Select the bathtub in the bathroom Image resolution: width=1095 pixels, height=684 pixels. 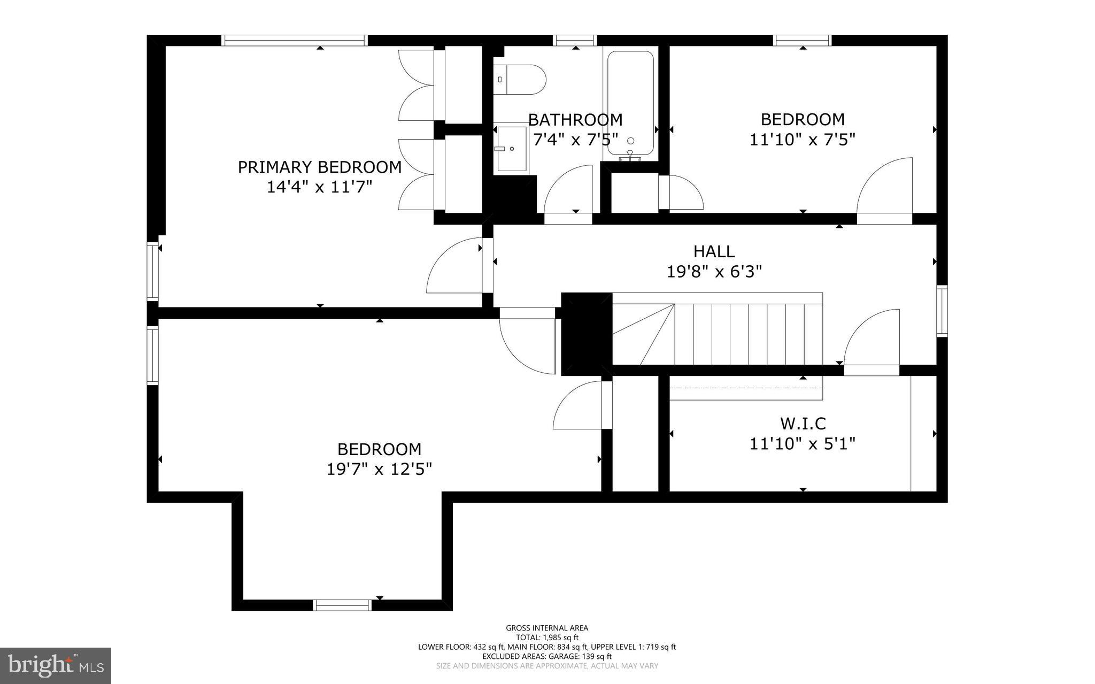(630, 104)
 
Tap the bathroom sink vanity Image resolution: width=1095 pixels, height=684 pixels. (512, 149)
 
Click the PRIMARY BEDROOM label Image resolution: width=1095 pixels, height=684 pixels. (319, 167)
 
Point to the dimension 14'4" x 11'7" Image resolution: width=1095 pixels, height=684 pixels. (319, 188)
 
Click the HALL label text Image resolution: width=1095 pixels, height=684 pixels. (714, 251)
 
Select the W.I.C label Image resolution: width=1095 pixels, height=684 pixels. (803, 424)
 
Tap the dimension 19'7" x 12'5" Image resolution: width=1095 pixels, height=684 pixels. (379, 470)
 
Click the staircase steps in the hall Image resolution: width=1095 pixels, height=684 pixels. (749, 334)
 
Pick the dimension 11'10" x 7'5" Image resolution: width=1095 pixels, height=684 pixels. (802, 140)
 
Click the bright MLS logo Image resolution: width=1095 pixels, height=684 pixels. (56, 665)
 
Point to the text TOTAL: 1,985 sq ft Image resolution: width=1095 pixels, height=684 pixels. (547, 637)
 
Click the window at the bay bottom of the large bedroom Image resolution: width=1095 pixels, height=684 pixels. (342, 605)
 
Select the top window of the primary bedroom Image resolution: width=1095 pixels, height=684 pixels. (294, 41)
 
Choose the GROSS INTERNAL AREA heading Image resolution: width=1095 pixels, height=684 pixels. (547, 628)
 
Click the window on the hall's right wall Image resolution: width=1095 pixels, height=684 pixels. (942, 311)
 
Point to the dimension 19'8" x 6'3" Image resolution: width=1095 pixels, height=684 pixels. (714, 272)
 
